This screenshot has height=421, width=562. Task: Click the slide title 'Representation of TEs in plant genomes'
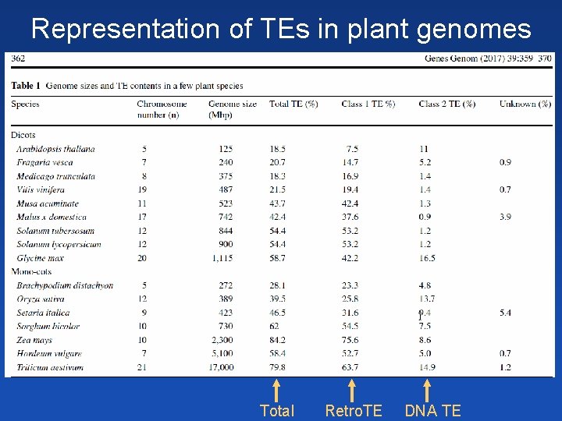pos(281,29)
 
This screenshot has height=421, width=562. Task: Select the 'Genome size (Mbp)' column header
pos(232,109)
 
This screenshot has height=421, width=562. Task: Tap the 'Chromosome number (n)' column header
pos(162,109)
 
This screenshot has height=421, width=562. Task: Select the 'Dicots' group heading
pos(24,135)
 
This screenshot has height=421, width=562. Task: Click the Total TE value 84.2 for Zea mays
pos(277,339)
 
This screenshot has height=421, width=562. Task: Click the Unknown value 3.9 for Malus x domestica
pos(505,217)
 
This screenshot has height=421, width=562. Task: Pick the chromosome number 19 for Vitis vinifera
pos(144,189)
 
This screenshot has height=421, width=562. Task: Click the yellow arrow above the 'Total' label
pos(276,389)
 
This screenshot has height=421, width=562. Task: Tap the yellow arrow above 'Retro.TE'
pos(352,389)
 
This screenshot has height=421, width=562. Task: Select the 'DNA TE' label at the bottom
pos(432,411)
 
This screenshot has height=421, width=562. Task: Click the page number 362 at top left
pos(18,58)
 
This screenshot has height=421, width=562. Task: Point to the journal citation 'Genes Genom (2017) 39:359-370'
pos(488,58)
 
